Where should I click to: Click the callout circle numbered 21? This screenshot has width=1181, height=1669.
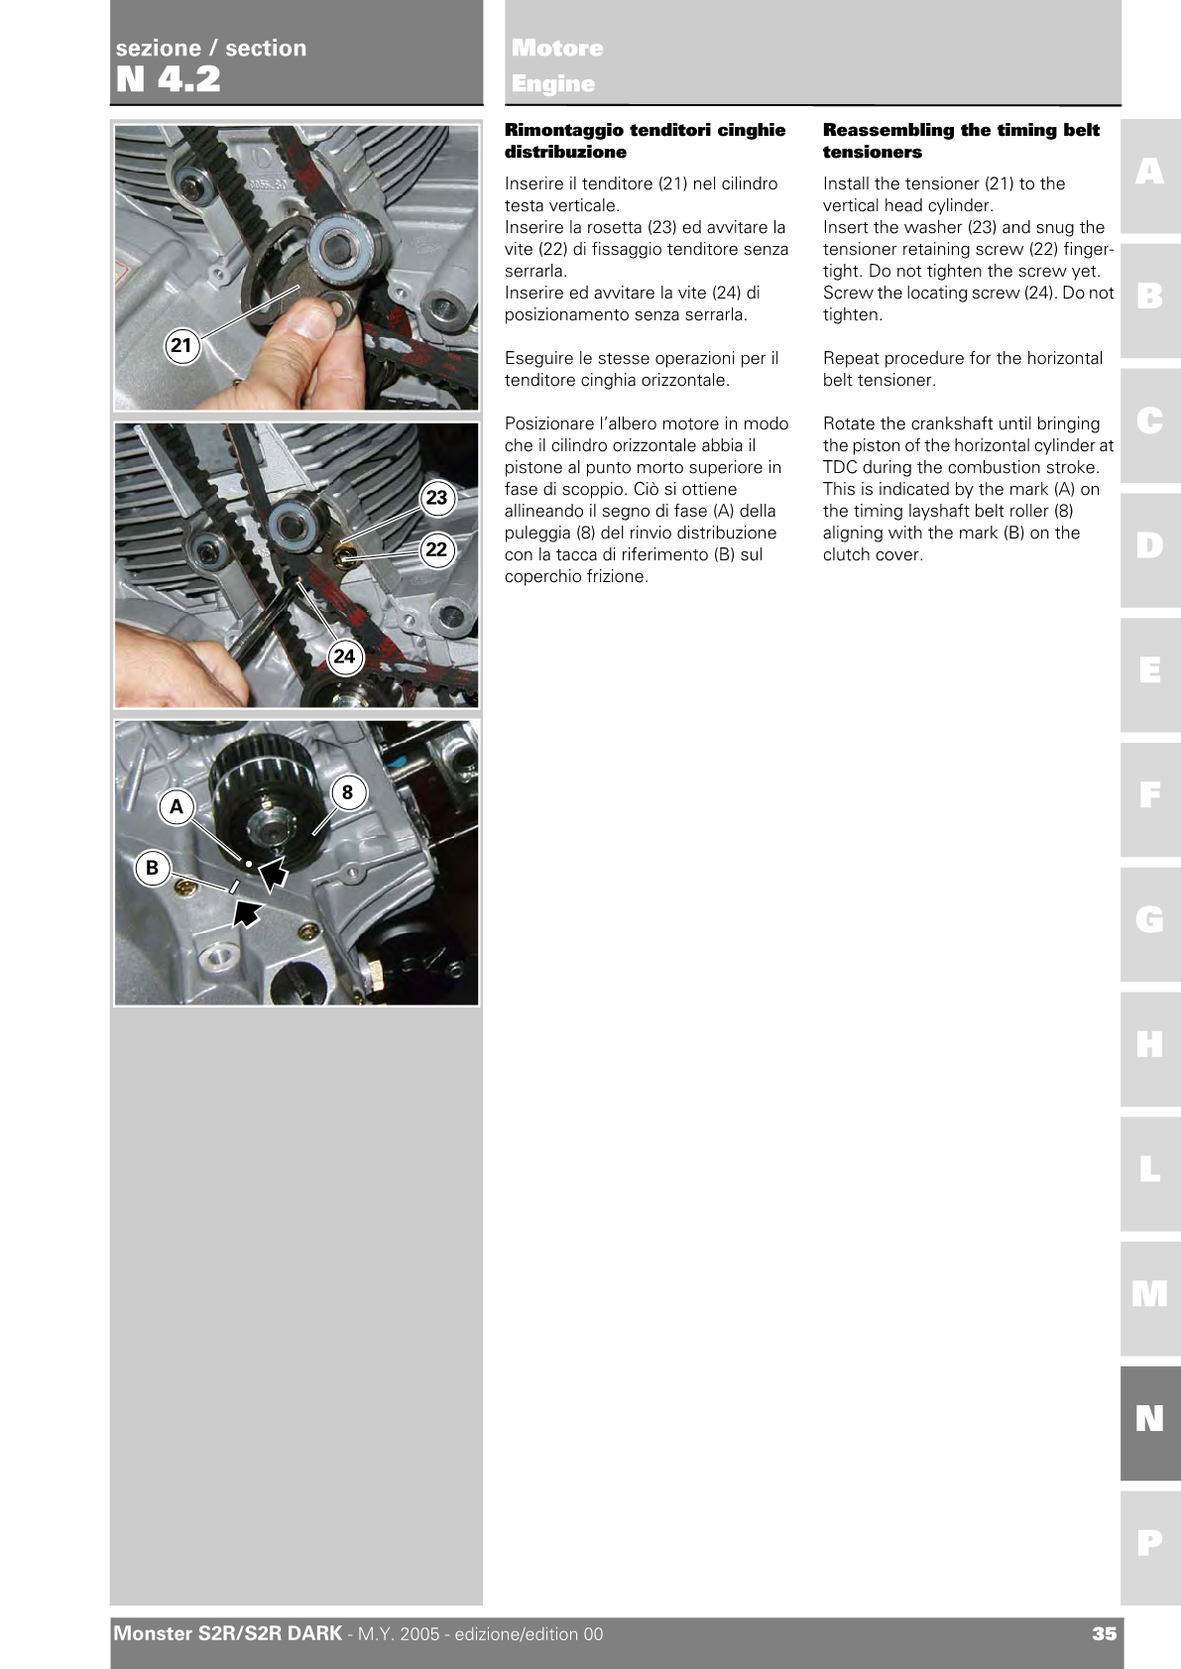(180, 345)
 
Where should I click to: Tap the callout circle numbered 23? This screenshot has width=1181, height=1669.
(436, 498)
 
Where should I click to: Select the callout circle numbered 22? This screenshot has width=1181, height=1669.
(436, 549)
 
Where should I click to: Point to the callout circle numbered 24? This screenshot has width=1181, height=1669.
(343, 656)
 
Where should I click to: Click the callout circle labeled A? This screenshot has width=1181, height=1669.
(177, 806)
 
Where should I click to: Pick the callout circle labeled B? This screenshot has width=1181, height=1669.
(152, 868)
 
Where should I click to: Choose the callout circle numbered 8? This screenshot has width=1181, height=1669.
(347, 792)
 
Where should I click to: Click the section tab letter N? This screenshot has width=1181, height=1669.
(1149, 1419)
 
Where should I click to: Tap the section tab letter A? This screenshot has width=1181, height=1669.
(1149, 173)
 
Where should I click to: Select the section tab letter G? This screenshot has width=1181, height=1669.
(1149, 920)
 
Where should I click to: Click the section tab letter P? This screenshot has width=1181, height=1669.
(1149, 1543)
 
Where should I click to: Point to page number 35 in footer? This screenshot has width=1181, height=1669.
(1104, 1634)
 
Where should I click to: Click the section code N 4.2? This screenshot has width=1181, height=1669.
(169, 79)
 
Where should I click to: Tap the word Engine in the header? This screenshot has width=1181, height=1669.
(553, 84)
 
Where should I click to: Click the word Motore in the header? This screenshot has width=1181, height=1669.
(557, 48)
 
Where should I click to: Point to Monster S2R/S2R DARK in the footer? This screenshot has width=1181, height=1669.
(228, 1633)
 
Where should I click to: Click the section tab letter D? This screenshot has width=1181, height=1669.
(1149, 545)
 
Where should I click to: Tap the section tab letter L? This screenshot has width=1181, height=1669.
(1149, 1169)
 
